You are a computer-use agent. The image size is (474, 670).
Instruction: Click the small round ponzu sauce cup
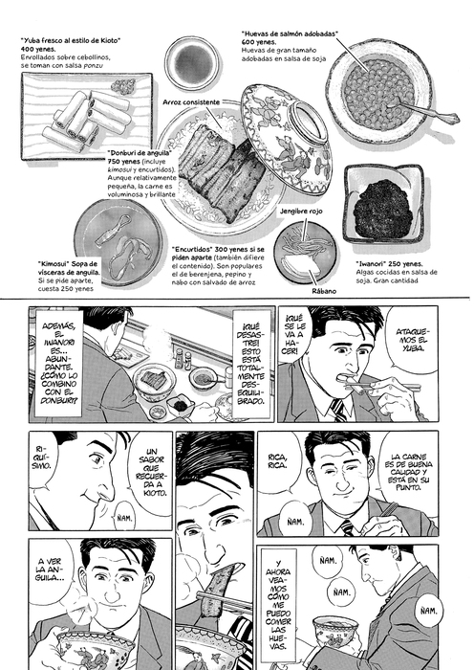pyautogui.click(x=192, y=62)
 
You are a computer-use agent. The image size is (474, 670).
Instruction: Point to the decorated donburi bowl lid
pyautogui.click(x=287, y=139)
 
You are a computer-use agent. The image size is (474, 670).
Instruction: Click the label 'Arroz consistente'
pyautogui.click(x=191, y=102)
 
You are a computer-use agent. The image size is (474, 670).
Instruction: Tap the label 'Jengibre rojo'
pyautogui.click(x=301, y=212)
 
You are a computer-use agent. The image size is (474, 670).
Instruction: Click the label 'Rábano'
pyautogui.click(x=325, y=291)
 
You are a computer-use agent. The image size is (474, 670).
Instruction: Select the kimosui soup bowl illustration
pyautogui.click(x=118, y=243)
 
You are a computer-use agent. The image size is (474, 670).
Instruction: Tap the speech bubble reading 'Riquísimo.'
pyautogui.click(x=44, y=458)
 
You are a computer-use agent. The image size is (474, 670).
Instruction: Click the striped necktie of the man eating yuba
pyautogui.click(x=338, y=410)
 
